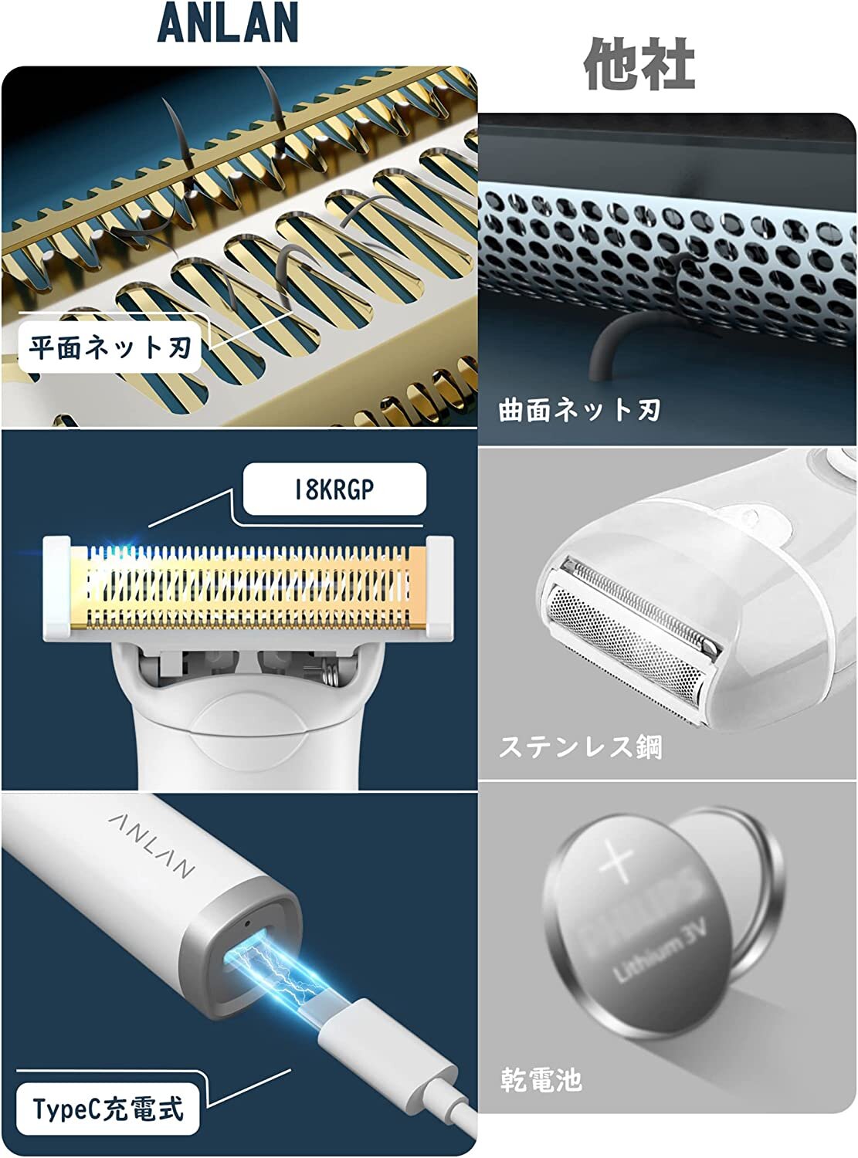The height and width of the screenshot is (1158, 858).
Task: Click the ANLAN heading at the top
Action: [228, 22]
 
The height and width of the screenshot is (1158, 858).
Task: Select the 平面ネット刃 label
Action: [110, 347]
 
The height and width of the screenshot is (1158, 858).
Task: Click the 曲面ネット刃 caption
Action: [579, 410]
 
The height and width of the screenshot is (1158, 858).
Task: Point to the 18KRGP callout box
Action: [334, 489]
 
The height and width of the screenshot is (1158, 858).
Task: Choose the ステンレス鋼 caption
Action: [580, 747]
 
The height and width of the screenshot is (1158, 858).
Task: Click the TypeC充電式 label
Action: [108, 1109]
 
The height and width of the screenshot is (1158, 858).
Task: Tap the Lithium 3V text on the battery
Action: [660, 950]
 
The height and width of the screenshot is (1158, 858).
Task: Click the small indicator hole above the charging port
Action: [248, 923]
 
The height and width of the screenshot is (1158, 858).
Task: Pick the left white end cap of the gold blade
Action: [57, 587]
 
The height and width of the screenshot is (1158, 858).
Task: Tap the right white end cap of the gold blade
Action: [439, 587]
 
